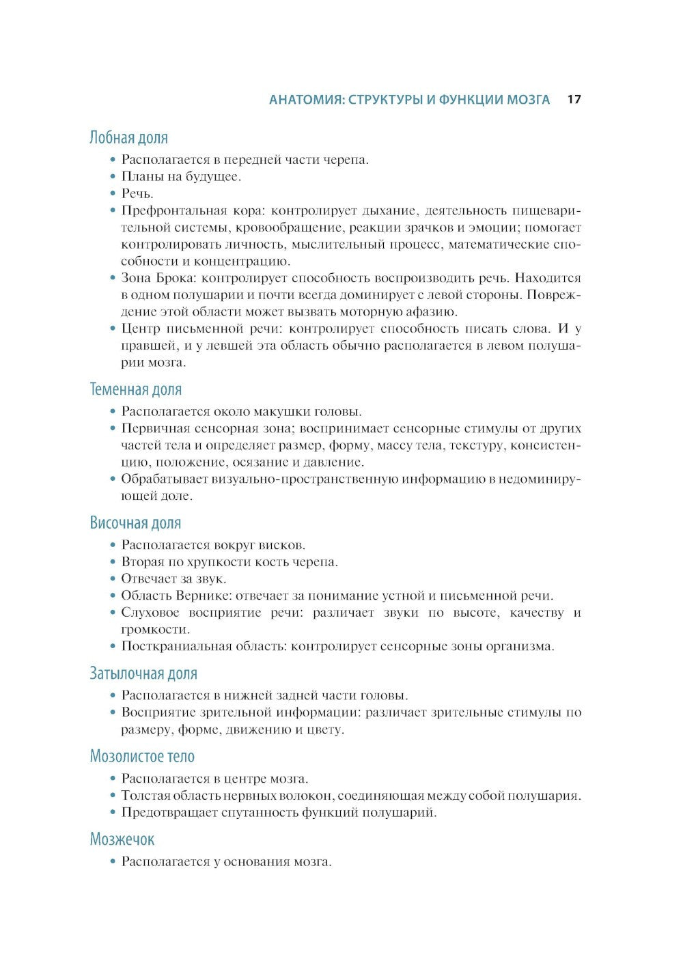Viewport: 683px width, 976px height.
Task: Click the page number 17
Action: (x=574, y=100)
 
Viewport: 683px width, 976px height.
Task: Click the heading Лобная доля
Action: (x=128, y=138)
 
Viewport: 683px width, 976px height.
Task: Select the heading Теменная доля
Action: (x=136, y=390)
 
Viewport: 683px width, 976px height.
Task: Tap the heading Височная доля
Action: (x=135, y=523)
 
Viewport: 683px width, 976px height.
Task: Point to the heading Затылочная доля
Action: (x=143, y=674)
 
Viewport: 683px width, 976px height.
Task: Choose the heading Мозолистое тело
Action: (x=142, y=757)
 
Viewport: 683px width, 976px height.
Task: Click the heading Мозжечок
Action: (x=122, y=839)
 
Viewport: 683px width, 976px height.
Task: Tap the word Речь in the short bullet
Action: (x=137, y=194)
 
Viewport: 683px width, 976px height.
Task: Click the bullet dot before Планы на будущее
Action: (x=113, y=178)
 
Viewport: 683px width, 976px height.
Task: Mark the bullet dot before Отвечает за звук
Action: (x=113, y=579)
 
